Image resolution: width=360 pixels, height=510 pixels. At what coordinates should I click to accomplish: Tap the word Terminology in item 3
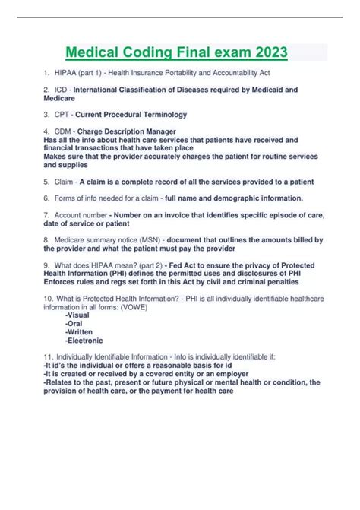point(159,114)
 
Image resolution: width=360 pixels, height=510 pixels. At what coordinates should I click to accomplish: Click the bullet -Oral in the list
point(74,312)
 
